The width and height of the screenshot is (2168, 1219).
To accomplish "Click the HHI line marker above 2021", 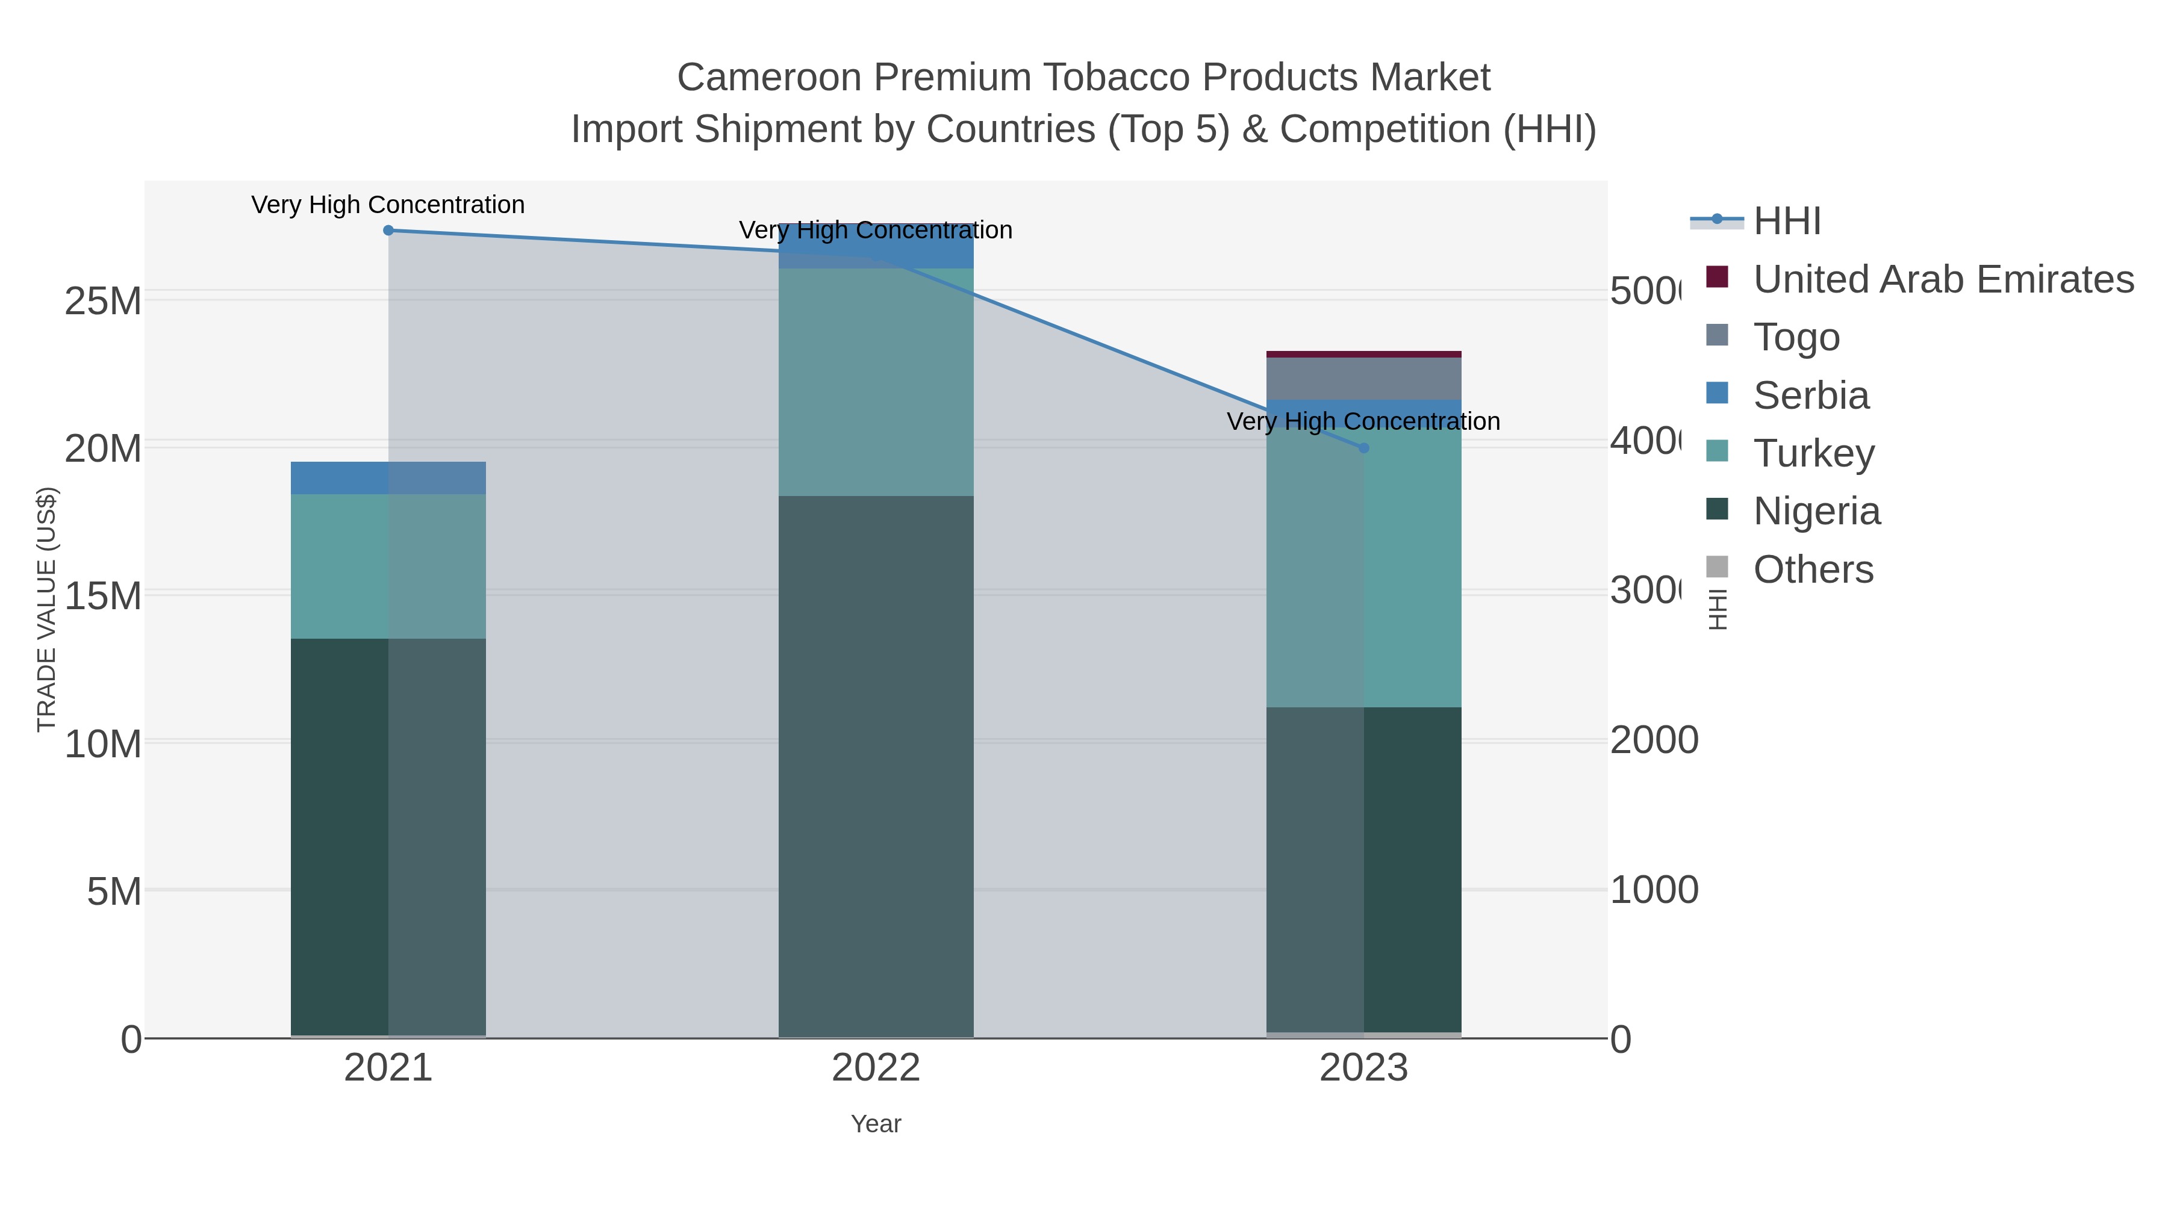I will (x=388, y=231).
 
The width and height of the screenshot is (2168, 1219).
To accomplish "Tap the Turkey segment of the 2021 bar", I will (x=388, y=566).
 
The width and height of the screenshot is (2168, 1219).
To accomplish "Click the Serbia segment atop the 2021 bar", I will (x=388, y=478).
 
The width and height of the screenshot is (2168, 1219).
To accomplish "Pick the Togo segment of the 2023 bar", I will (x=1363, y=379).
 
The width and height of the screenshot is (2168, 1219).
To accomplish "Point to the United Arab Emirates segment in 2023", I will (x=1363, y=354).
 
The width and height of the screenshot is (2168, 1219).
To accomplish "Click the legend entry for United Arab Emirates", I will (x=1942, y=279).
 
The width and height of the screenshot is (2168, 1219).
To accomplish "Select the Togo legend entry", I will (x=1796, y=337).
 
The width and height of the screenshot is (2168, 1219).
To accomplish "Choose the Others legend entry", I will (x=1813, y=569).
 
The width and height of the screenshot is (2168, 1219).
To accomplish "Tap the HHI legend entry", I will (x=1787, y=222).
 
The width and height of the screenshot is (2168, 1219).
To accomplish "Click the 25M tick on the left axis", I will (x=102, y=301).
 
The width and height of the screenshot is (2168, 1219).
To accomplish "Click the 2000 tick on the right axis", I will (x=1654, y=741).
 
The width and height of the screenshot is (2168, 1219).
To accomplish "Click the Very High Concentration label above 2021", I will (x=388, y=205).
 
